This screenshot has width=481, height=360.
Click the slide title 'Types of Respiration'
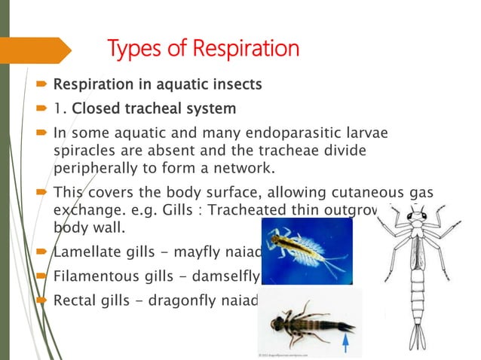point(204,50)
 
